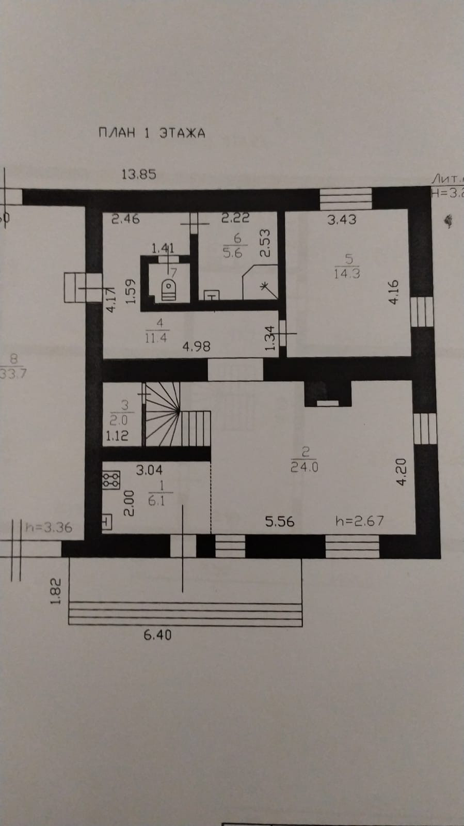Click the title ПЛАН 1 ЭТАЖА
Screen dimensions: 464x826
(152, 133)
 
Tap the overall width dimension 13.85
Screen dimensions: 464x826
(138, 174)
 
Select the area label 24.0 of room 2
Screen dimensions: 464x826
(305, 467)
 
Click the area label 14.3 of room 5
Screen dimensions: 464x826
(346, 273)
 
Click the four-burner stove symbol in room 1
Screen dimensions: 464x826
(110, 480)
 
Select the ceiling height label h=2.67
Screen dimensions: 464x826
(360, 521)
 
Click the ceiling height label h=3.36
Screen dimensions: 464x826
(49, 527)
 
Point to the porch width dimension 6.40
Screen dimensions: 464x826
(157, 635)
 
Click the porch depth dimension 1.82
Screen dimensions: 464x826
(56, 591)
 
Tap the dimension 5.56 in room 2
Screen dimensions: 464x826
(280, 521)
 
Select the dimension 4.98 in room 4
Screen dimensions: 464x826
(196, 346)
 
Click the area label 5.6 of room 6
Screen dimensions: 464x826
(233, 253)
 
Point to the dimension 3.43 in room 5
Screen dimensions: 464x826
(342, 220)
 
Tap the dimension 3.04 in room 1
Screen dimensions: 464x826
(149, 470)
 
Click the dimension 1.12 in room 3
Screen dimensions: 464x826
(117, 436)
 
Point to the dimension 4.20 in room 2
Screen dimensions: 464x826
(402, 472)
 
